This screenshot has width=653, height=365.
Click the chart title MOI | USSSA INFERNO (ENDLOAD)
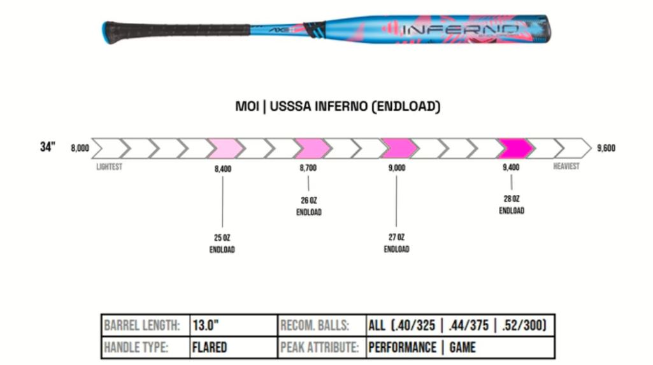338,107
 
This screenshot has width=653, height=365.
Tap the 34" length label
48,148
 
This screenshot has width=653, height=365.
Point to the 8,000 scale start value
80,148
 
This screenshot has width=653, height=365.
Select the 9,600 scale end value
606,148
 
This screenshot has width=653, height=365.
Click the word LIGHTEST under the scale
109,167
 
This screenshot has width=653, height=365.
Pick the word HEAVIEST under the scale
566,166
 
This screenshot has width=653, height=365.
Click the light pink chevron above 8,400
224,148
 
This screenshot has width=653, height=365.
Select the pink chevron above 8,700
311,148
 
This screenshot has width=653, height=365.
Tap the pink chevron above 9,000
398,148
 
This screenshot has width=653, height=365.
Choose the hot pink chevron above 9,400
515,148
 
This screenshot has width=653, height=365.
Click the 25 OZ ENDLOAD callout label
222,243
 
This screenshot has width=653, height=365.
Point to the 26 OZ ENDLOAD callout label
308,206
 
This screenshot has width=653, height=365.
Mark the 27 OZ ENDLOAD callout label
396,243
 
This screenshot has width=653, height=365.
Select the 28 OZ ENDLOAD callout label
512,204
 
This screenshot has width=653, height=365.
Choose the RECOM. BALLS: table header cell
315,326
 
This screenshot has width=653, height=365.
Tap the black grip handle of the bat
178,30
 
